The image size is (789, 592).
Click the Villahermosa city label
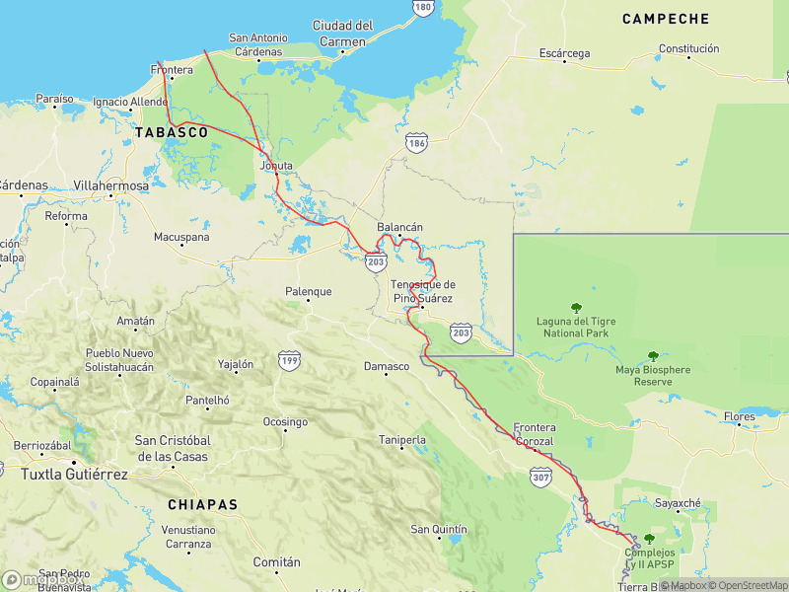pyautogui.click(x=111, y=185)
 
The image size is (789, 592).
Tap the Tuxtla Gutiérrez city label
pyautogui.click(x=74, y=475)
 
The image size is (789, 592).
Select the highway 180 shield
pyautogui.click(x=423, y=7)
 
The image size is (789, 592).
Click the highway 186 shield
pyautogui.click(x=416, y=144)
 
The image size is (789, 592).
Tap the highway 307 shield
pyautogui.click(x=540, y=478)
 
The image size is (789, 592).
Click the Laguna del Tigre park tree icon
pyautogui.click(x=576, y=307)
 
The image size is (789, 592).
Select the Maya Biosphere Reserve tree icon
pyautogui.click(x=652, y=356)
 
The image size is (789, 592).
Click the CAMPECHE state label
pyautogui.click(x=666, y=19)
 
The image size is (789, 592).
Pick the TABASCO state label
pyautogui.click(x=172, y=131)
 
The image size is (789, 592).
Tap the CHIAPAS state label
pyautogui.click(x=203, y=504)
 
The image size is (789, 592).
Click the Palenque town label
pyautogui.click(x=309, y=292)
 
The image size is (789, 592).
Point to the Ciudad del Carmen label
pyautogui.click(x=342, y=34)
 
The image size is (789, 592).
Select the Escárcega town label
pyautogui.click(x=564, y=53)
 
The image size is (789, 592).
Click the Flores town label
pyautogui.click(x=740, y=417)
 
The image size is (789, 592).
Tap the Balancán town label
pyautogui.click(x=399, y=227)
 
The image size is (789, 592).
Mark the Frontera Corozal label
pyautogui.click(x=535, y=434)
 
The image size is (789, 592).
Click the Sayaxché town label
pyautogui.click(x=678, y=503)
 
